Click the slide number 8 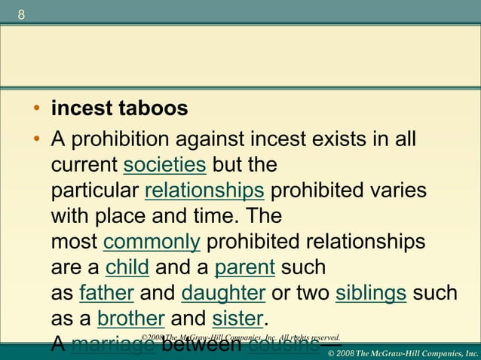coord(20,16)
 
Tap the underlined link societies coord(164,164)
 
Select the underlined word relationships coord(204,190)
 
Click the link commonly coord(151,242)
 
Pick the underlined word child coord(127,267)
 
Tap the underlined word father coord(106,293)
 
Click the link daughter coord(223,293)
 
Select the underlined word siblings coord(371,293)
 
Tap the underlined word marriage coord(112,345)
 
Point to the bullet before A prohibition coord(36,140)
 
